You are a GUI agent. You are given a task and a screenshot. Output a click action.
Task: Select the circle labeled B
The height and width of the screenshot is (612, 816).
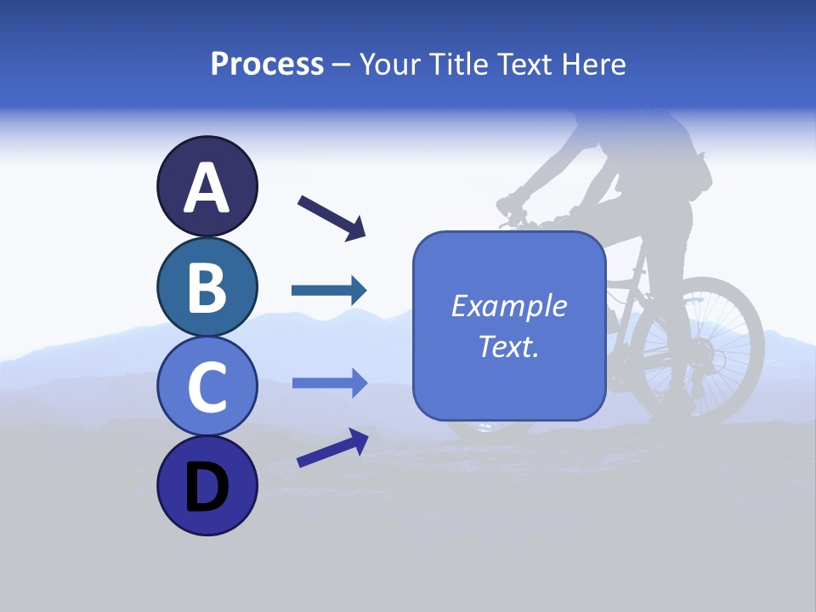pyautogui.click(x=207, y=286)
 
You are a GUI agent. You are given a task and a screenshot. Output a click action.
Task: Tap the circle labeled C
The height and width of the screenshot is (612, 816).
pyautogui.click(x=207, y=386)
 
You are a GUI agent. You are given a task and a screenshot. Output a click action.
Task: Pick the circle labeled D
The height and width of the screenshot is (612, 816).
pyautogui.click(x=207, y=485)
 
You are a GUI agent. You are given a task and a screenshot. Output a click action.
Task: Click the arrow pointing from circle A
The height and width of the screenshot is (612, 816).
pyautogui.click(x=331, y=218)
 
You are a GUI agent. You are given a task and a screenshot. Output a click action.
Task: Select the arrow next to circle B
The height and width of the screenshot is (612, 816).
pyautogui.click(x=329, y=291)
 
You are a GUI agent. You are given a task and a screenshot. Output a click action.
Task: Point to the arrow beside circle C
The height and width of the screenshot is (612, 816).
pyautogui.click(x=329, y=383)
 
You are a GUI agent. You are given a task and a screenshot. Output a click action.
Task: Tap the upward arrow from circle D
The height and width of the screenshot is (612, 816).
pyautogui.click(x=332, y=448)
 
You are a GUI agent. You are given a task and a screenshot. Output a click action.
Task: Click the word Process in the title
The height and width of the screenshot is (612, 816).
pyautogui.click(x=267, y=64)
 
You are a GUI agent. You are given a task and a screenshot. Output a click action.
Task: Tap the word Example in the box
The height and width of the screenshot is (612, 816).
pyautogui.click(x=508, y=306)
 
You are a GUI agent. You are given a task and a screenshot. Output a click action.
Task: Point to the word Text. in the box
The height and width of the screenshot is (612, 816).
pyautogui.click(x=508, y=347)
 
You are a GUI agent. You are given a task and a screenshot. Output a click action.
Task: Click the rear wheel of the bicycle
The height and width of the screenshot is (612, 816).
pyautogui.click(x=698, y=349)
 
